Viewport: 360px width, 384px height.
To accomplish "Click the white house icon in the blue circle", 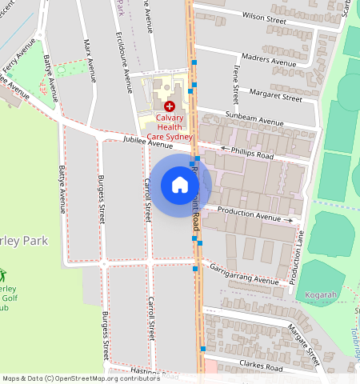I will [x=180, y=186].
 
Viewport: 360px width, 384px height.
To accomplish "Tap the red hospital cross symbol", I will [x=169, y=106].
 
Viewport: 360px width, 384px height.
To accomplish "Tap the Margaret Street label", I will [x=276, y=97].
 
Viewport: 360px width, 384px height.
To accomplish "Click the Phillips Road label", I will [x=252, y=153].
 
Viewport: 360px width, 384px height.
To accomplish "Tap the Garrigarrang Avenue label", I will [x=243, y=274].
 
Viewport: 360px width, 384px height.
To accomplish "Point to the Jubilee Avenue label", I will [x=148, y=142].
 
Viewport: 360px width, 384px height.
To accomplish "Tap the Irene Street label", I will [x=235, y=85].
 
